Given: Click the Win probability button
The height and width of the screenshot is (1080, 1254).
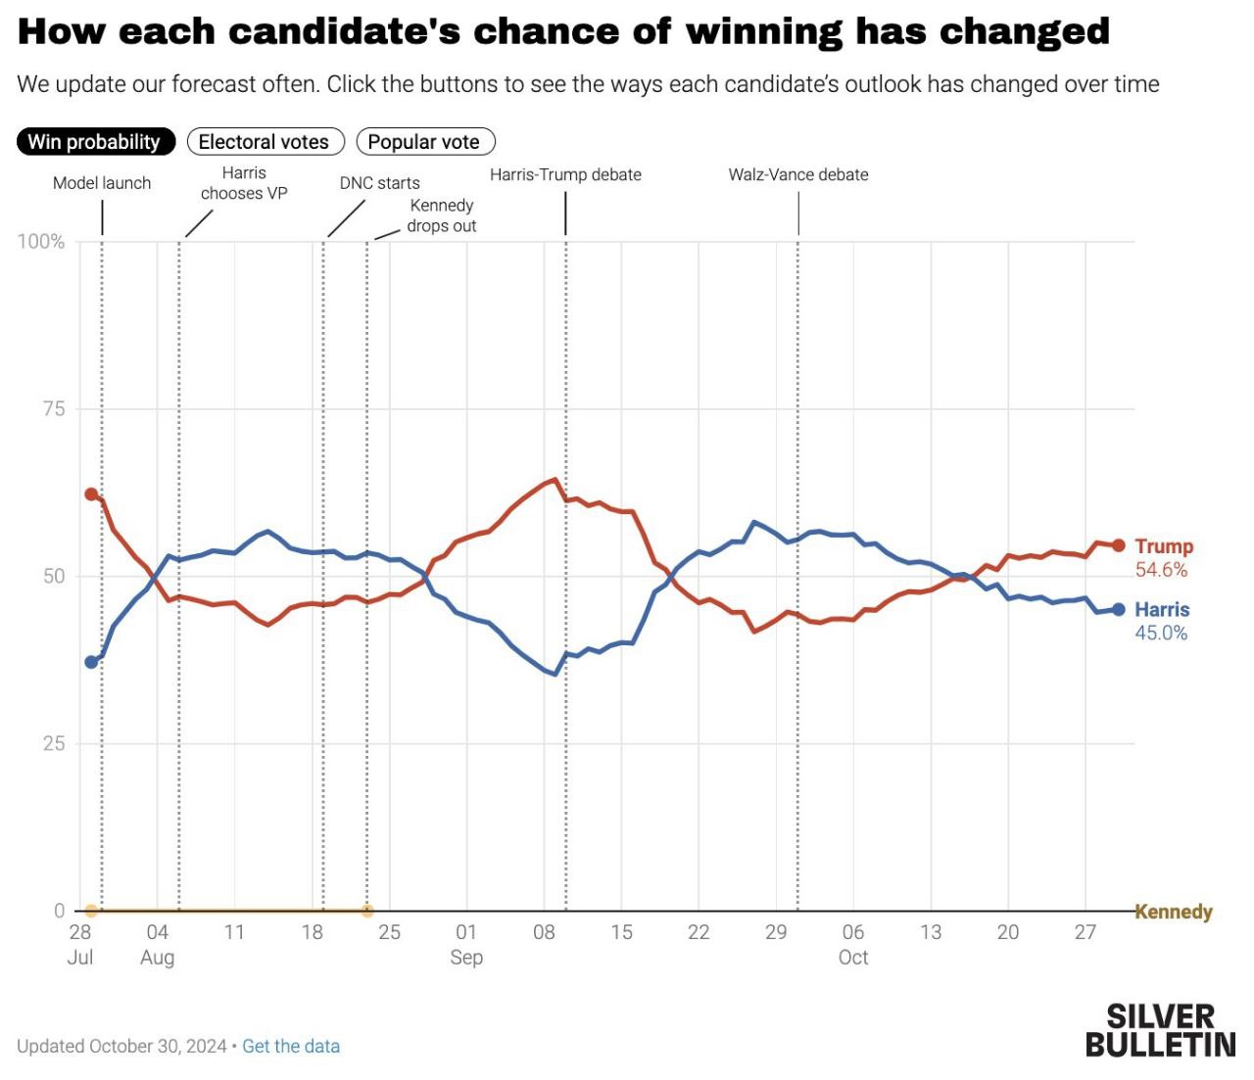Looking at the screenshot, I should (95, 142).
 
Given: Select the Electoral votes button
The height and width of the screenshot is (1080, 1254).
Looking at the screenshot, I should (265, 142).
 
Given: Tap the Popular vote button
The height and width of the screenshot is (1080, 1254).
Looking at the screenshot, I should (424, 142).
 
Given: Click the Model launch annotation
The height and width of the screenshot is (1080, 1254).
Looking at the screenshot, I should (102, 183).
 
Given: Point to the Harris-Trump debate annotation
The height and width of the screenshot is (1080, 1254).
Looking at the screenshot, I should (565, 175).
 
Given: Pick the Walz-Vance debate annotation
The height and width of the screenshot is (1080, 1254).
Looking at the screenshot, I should (797, 175).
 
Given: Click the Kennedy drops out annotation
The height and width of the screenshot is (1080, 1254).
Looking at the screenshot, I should (441, 215).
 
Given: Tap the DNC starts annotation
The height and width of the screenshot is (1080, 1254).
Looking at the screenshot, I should (379, 183).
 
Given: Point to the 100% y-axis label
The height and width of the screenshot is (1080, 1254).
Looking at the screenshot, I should (41, 242).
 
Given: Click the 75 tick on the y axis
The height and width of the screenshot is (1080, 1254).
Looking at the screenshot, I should (54, 409).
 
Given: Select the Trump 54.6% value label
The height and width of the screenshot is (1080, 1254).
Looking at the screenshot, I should (1161, 570).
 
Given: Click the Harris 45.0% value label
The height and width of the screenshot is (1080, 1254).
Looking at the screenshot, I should (1161, 634).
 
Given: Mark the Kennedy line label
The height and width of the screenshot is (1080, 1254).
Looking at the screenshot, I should (1174, 912).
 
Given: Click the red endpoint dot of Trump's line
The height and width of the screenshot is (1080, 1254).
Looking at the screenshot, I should (1119, 545).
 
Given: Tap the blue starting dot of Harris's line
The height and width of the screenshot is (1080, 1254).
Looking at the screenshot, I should (91, 662).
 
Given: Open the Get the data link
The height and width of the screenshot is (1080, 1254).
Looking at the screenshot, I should (291, 1047).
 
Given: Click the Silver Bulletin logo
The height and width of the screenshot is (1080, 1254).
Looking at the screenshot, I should (1160, 1030).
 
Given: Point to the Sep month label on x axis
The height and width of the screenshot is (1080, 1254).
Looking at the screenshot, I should (466, 958).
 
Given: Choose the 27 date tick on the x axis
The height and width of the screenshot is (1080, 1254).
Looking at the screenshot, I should (1085, 932).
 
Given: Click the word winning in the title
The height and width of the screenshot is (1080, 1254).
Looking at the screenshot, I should (763, 31).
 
